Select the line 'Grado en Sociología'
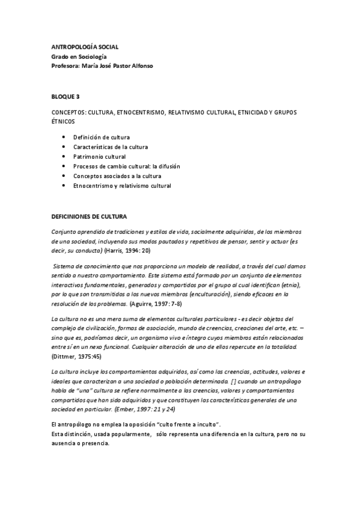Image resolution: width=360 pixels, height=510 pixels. click(82, 56)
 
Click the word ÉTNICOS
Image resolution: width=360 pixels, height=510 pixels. click(63, 121)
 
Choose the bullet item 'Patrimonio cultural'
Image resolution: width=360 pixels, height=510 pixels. click(100, 157)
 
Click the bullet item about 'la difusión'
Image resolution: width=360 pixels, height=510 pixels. click(127, 167)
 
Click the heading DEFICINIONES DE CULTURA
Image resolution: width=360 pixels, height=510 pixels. click(94, 215)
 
